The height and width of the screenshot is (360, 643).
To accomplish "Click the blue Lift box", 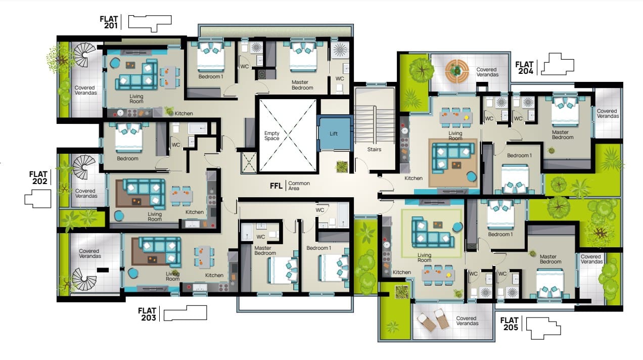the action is click(334, 133).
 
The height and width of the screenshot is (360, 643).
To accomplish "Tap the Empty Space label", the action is click(272, 136).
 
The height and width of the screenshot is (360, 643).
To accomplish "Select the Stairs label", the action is click(374, 149).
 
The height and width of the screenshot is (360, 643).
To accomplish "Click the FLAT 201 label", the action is click(109, 22).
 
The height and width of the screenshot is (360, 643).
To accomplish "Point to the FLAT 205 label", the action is click(509, 324).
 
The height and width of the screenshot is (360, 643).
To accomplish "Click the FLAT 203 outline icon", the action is click(185, 313).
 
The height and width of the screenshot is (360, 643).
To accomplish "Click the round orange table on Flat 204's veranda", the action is click(457, 71).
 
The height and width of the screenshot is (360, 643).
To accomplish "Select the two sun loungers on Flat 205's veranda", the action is click(433, 320).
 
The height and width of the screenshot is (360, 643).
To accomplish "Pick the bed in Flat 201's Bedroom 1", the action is click(211, 57).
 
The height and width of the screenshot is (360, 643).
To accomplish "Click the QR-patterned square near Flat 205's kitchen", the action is click(401, 292).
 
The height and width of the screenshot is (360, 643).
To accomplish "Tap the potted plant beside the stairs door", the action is click(342, 167).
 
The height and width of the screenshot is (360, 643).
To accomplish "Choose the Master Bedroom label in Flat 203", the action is click(265, 250).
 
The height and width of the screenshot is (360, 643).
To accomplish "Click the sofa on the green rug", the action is click(433, 233).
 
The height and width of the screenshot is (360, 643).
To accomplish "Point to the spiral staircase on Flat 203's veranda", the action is click(84, 279).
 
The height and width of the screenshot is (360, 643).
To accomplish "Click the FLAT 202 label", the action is click(38, 177).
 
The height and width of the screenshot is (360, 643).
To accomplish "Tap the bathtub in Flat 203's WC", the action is click(343, 215).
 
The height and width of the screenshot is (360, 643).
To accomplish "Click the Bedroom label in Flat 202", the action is click(127, 158).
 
